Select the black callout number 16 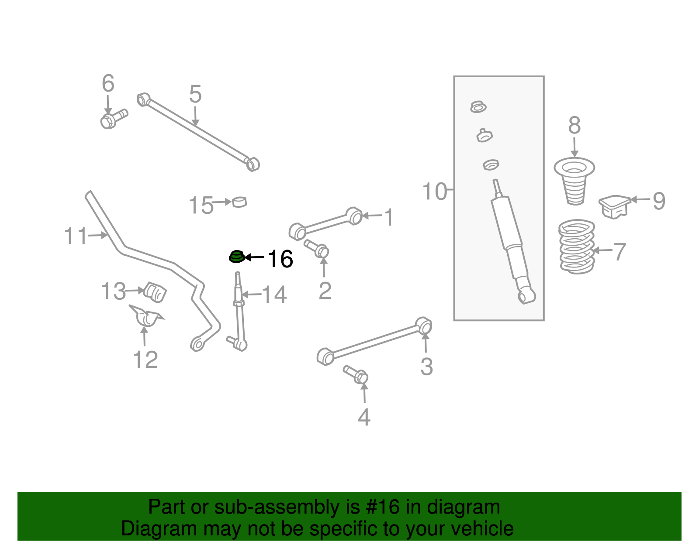[x=280, y=259]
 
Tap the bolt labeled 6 [x=113, y=119]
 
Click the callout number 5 [x=195, y=94]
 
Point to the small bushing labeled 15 [x=239, y=202]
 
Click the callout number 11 [x=76, y=236]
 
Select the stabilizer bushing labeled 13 [x=156, y=291]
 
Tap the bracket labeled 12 [x=146, y=316]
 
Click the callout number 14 [x=274, y=295]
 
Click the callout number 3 [x=426, y=367]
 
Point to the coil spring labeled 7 [x=577, y=247]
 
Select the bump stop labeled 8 [x=574, y=181]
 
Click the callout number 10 [x=434, y=192]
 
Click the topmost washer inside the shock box [x=478, y=107]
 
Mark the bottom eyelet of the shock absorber [x=526, y=296]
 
